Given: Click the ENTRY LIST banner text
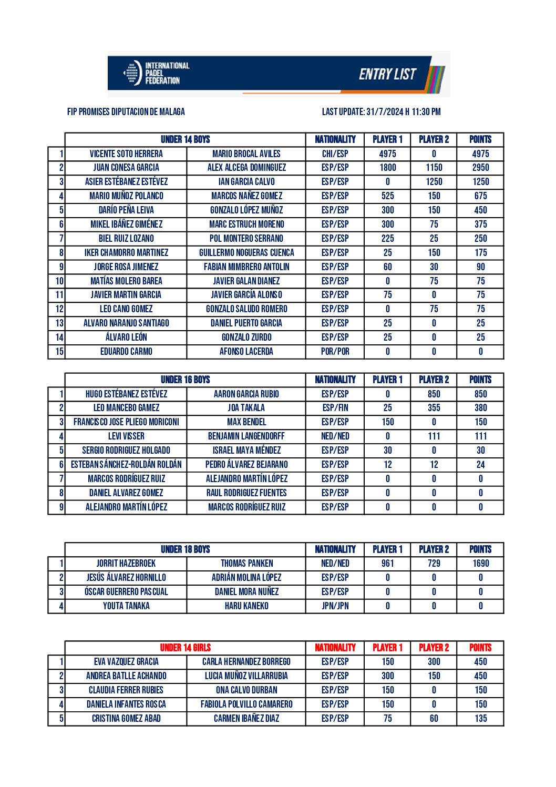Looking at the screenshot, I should point(387,74).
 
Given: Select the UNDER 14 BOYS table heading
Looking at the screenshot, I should point(185,139).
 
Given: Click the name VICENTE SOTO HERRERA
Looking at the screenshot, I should point(126,154).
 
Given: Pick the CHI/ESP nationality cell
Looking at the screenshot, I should point(335,154).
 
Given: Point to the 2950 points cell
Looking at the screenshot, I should point(480,168).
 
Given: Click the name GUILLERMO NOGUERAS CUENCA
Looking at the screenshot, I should point(246,252).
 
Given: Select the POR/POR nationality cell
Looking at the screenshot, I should point(335,351).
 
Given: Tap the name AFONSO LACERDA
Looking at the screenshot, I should point(246,351).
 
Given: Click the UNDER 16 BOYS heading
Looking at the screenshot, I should point(185,380).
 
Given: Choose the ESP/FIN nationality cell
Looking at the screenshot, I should point(335,407).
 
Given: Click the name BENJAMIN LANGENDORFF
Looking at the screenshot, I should point(246,436).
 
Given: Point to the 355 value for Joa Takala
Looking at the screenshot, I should point(434,407).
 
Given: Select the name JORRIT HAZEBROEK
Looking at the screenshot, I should point(126,563).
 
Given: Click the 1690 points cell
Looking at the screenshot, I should point(480,563).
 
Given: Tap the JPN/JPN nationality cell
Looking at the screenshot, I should point(335,606).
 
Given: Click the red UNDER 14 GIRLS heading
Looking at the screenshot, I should point(185,648).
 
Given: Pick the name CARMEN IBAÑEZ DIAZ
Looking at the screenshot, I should point(246,718).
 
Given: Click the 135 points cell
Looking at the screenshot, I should point(480,718).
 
